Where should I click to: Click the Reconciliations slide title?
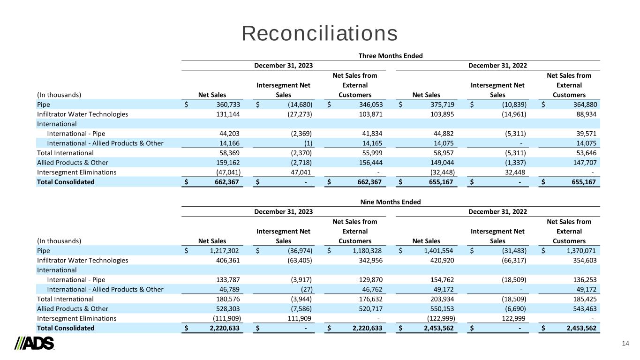[x=320, y=34]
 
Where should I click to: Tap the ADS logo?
[x=35, y=343]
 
